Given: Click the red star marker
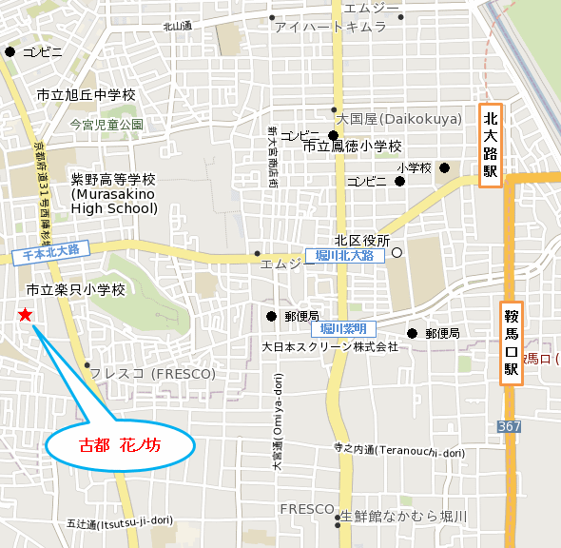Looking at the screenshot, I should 25,315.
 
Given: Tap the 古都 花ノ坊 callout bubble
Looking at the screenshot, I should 120,445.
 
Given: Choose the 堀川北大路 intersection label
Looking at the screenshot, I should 345,256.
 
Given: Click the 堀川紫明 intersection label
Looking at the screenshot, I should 341,328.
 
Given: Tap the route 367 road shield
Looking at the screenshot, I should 509,426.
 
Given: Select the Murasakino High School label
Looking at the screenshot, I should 113,194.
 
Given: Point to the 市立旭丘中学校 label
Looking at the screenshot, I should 87,95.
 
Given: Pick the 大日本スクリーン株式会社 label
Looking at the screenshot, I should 330,346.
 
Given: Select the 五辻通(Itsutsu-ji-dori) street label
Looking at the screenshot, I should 120,520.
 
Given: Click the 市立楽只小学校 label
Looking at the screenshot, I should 76,289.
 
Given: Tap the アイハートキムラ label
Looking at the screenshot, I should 330,28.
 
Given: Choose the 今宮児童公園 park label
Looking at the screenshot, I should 106,125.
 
